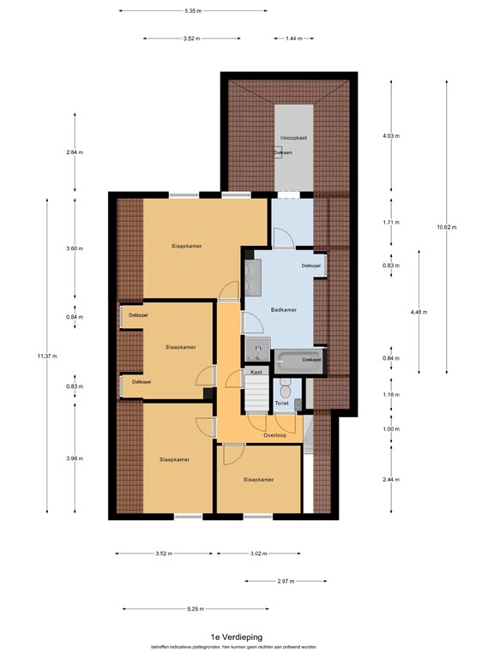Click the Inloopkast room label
click(x=293, y=138)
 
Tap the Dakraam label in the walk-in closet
click(x=284, y=153)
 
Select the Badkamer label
click(x=283, y=310)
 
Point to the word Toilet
click(x=281, y=402)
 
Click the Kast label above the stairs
click(x=256, y=373)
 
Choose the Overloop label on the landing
click(x=274, y=435)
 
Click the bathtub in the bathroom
click(x=297, y=360)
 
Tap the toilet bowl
click(x=286, y=386)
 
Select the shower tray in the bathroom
click(x=255, y=350)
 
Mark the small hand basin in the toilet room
click(x=297, y=403)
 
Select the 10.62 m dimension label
click(x=447, y=227)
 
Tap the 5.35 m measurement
click(x=192, y=10)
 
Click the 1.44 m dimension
click(x=294, y=39)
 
